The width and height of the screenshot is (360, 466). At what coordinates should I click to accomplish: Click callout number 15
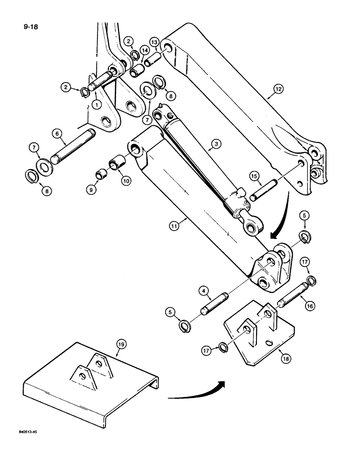(x=253, y=177)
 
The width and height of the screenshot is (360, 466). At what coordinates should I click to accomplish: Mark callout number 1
(x=95, y=105)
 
